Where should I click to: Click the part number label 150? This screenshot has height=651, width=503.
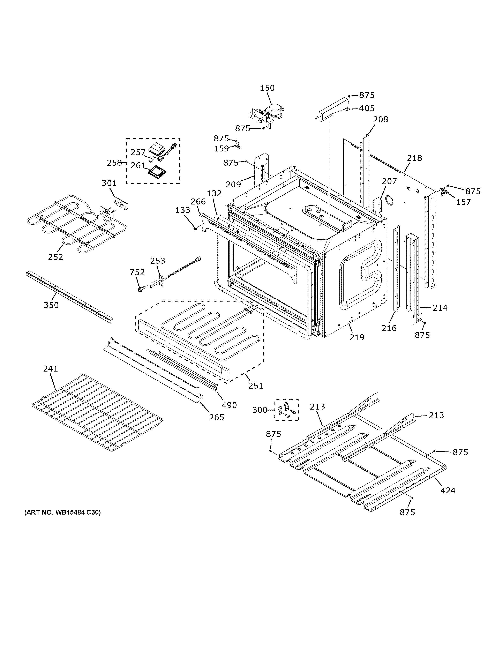pos(267,88)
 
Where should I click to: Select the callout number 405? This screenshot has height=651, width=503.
pos(367,108)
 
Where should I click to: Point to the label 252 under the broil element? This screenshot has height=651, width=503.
pos(56,257)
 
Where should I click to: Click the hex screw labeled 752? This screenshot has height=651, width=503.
pos(141,289)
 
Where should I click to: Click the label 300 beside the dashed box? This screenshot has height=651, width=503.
pos(260,410)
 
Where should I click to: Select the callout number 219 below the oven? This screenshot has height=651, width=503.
pos(357,337)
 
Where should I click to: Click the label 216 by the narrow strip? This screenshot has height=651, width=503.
pos(389,328)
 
